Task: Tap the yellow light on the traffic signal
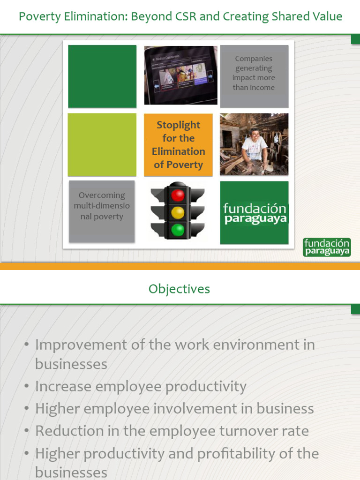point(178,212)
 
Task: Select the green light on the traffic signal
point(178,230)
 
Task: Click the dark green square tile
point(102,76)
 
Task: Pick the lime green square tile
point(102,144)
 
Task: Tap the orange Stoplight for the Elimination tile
point(178,145)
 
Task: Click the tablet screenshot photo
point(180,75)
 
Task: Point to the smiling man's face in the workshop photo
point(255,135)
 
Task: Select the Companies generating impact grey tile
point(254,76)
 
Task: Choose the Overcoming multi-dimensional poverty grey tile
point(102,211)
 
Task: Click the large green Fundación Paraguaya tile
point(255,213)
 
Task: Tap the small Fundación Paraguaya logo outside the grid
point(327,247)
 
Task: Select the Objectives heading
point(180,289)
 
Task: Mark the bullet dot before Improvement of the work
point(27,345)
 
